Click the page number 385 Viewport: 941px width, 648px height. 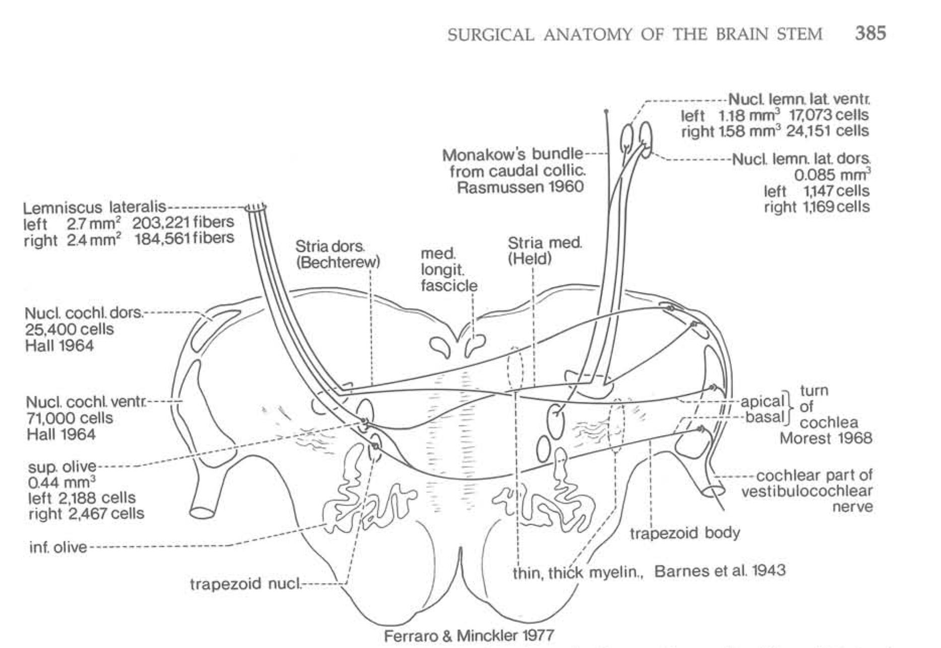(870, 33)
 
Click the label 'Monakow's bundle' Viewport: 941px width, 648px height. (512, 154)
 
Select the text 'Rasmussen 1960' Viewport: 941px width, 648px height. (520, 187)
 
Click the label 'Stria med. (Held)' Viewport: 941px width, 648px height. (545, 251)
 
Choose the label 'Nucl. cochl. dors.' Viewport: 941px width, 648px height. (84, 313)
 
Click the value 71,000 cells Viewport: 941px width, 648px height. (70, 418)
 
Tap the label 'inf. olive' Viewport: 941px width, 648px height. (58, 547)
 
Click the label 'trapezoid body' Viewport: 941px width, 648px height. (685, 533)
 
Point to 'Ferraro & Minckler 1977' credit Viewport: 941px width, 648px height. (469, 635)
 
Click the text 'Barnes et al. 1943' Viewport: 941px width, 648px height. (719, 570)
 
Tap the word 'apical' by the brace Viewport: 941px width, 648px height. (762, 402)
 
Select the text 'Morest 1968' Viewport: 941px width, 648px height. (825, 438)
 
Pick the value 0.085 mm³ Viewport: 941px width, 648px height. (832, 175)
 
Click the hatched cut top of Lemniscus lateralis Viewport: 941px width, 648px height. (255, 207)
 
